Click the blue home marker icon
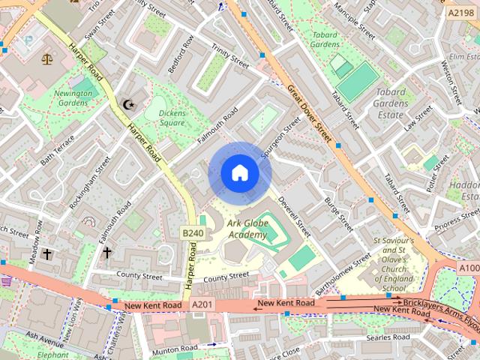coord(239,173)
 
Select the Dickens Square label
coord(171,118)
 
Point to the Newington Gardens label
coord(73,99)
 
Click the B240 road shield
coord(193,233)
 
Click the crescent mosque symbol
coord(127,104)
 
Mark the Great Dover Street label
coord(309,113)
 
